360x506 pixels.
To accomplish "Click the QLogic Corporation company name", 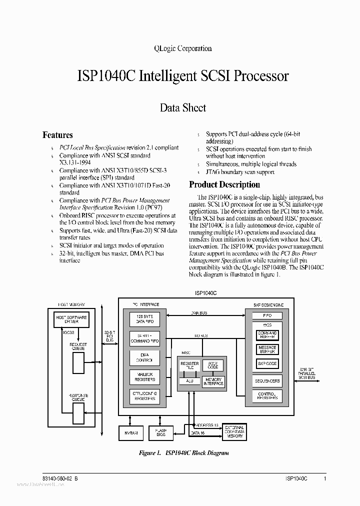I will pos(181,48).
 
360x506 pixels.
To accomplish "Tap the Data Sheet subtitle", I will pos(182,107).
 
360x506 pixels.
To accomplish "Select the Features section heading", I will pos(57,135).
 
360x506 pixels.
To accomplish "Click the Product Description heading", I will pos(224,184).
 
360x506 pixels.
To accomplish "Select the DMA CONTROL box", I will pos(144,357).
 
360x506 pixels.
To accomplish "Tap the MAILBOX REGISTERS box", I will pos(144,376).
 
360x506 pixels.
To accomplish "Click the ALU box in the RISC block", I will pos(189,381).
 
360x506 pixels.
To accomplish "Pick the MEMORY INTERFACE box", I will pos(213,381).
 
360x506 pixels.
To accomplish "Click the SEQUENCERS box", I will pos(267,381).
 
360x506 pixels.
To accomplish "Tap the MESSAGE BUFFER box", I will pos(267,349).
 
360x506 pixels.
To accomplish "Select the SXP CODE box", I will pos(267,363).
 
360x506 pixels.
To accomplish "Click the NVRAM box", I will pos(131,432).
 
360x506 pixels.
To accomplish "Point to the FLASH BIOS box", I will pos(161,432).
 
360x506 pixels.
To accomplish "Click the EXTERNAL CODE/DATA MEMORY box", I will pos(234,431).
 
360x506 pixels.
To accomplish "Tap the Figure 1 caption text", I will pos(183,453).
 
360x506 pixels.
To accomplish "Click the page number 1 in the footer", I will pos(325,478).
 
